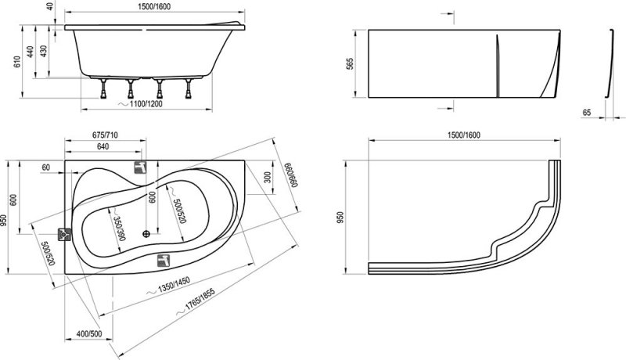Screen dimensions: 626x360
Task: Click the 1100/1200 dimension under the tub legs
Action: click(146, 104)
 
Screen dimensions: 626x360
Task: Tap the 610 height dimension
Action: click(17, 62)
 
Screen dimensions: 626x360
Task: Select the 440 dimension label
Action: click(31, 52)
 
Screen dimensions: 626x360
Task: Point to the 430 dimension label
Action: click(44, 51)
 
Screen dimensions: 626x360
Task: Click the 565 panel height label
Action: click(350, 64)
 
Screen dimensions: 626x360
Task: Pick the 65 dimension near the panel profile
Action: click(586, 113)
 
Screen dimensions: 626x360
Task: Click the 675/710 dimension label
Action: click(105, 135)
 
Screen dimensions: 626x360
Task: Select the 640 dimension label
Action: click(103, 146)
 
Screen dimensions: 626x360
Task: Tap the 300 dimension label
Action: click(267, 177)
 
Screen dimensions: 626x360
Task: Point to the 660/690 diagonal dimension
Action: click(290, 175)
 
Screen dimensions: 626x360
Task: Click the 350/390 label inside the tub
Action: click(119, 229)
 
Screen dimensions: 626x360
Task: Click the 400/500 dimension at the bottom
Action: click(89, 333)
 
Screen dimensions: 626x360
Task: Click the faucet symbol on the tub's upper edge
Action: click(140, 167)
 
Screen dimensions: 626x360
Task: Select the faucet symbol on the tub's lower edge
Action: click(164, 261)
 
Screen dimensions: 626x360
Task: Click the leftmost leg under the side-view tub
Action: click(104, 88)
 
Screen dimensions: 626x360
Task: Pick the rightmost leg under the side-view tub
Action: click(188, 88)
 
